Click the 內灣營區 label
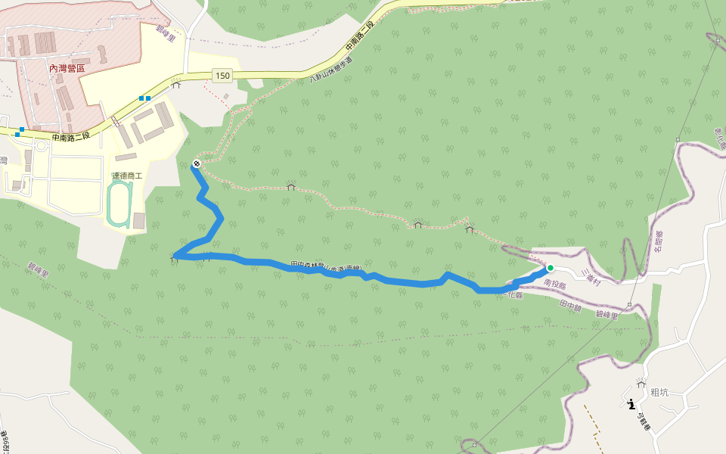pyautogui.click(x=67, y=68)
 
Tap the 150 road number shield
pyautogui.click(x=222, y=75)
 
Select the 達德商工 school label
pyautogui.click(x=127, y=176)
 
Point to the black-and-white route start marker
pyautogui.click(x=197, y=163)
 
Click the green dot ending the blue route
pyautogui.click(x=551, y=268)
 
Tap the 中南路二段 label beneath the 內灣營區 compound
pyautogui.click(x=71, y=137)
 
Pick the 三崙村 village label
pyautogui.click(x=591, y=277)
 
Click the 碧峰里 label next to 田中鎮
pyautogui.click(x=607, y=315)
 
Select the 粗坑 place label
pyautogui.click(x=659, y=392)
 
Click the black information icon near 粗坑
pyautogui.click(x=631, y=404)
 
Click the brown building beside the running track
pyautogui.click(x=138, y=221)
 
